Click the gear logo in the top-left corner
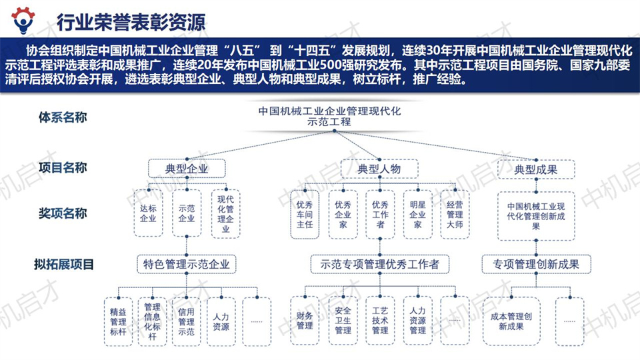point(23,19)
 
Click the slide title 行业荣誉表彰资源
point(131,22)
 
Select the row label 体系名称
point(63,117)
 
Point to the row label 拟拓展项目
point(64,264)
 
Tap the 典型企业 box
point(187,169)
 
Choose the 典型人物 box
point(379,169)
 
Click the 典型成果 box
point(536,169)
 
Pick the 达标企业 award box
point(148,213)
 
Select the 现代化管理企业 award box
point(225,214)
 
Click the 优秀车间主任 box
point(305,214)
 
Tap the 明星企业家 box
point(417,214)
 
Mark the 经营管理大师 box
point(455,214)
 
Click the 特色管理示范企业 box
point(187,264)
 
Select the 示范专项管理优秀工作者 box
point(379,264)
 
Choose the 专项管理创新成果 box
point(536,264)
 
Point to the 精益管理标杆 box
point(119,321)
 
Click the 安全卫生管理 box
point(343,321)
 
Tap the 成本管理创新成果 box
point(511,321)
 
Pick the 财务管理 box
point(305,321)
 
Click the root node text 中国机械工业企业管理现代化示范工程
point(329,116)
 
